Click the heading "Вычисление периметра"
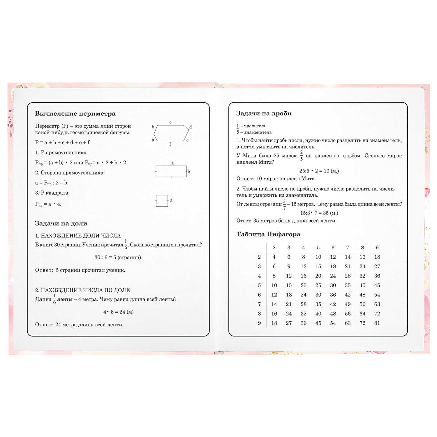(75, 114)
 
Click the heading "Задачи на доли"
(61, 223)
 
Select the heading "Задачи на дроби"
(264, 113)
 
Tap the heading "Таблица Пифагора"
(268, 234)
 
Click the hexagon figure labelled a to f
(171, 133)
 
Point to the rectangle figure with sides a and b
(171, 171)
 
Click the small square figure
(162, 201)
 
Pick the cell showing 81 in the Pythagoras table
(377, 323)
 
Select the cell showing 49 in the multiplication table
(348, 304)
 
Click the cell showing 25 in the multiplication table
(318, 285)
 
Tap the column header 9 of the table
(377, 248)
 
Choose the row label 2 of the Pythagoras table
(259, 257)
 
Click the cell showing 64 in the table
(362, 314)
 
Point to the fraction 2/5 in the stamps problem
(301, 156)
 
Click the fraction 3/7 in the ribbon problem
(284, 205)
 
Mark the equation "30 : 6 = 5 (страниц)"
(118, 258)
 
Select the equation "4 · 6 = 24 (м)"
(118, 312)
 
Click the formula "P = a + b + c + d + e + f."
(63, 142)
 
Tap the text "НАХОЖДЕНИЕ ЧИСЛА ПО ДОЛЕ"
(85, 290)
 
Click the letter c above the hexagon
(170, 122)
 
